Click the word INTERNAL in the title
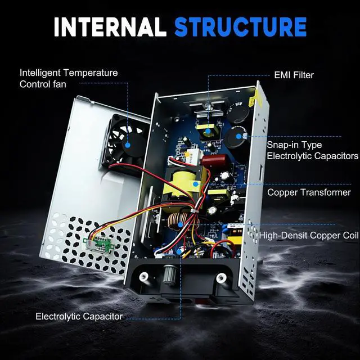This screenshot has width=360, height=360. [x=110, y=26]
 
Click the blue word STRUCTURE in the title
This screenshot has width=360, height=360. [x=240, y=26]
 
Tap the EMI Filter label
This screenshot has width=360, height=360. [x=294, y=75]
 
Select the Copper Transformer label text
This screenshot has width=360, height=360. [x=309, y=192]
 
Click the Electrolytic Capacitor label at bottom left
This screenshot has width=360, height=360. [x=79, y=316]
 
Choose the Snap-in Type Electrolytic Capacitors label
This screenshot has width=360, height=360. [x=312, y=150]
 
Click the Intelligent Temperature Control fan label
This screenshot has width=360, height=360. [x=69, y=79]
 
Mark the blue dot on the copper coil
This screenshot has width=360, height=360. [x=180, y=224]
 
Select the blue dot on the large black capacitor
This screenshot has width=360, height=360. [x=239, y=136]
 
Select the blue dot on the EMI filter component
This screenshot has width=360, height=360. [x=208, y=132]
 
